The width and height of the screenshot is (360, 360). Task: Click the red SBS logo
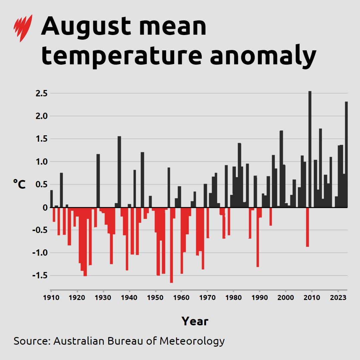23,28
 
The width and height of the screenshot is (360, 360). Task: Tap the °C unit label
19,184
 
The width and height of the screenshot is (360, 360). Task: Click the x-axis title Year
195,321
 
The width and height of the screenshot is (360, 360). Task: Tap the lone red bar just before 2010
307,227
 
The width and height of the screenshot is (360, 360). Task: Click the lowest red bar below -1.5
171,245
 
